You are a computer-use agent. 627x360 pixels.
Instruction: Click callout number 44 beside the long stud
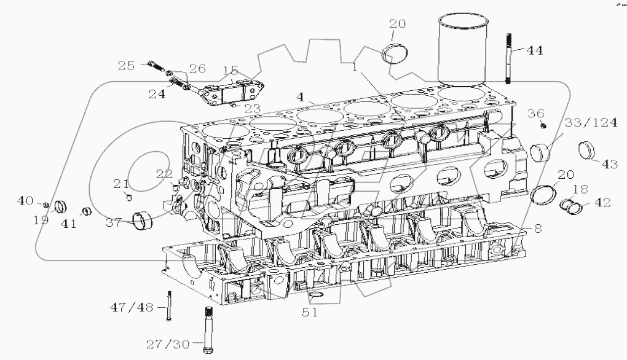(534, 51)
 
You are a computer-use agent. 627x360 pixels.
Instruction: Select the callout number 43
(609, 165)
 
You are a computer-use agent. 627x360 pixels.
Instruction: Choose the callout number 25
(126, 65)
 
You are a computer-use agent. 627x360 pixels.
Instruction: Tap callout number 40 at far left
(25, 200)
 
